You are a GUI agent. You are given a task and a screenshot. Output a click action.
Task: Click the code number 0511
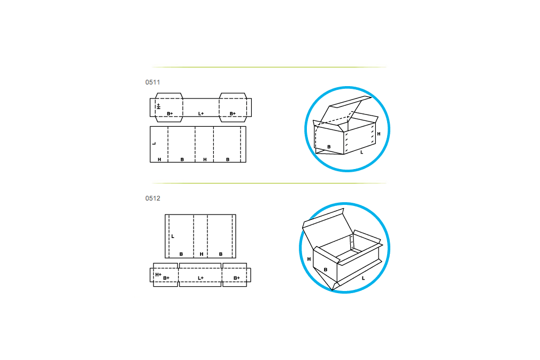coord(152,82)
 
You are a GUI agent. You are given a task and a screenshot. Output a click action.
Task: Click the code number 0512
coord(152,198)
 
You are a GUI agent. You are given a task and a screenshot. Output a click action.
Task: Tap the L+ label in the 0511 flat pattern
coord(201,113)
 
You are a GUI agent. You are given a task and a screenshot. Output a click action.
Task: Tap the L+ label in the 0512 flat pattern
coord(201,278)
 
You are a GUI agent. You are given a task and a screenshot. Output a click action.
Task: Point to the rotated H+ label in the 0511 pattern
coord(158,106)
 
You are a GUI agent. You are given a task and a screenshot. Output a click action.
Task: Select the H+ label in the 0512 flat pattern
coord(158,274)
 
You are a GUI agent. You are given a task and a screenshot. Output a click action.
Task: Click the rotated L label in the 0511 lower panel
coord(154,143)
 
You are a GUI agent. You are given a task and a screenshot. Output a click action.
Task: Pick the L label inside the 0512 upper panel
coord(173,236)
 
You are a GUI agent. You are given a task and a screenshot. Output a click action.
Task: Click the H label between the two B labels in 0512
coord(202,254)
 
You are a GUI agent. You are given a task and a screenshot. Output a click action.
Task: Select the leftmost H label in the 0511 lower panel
coord(159,159)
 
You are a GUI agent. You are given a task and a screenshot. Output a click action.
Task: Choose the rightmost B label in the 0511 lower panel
coord(228,159)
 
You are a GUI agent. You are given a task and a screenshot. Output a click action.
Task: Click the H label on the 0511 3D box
coord(379,134)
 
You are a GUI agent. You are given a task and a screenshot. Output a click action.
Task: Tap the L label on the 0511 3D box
coord(361,152)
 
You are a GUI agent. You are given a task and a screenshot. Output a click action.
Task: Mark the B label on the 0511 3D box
coord(329,147)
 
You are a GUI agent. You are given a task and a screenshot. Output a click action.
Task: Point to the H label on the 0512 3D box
coord(309,259)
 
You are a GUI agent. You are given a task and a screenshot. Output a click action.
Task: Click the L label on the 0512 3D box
coord(363,278)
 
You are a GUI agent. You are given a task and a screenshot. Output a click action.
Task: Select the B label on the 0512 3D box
coord(326,270)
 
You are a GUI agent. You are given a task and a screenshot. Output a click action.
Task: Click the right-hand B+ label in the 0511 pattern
coord(233,113)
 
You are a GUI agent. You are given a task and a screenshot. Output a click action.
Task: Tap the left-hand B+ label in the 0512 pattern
coord(166,278)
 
